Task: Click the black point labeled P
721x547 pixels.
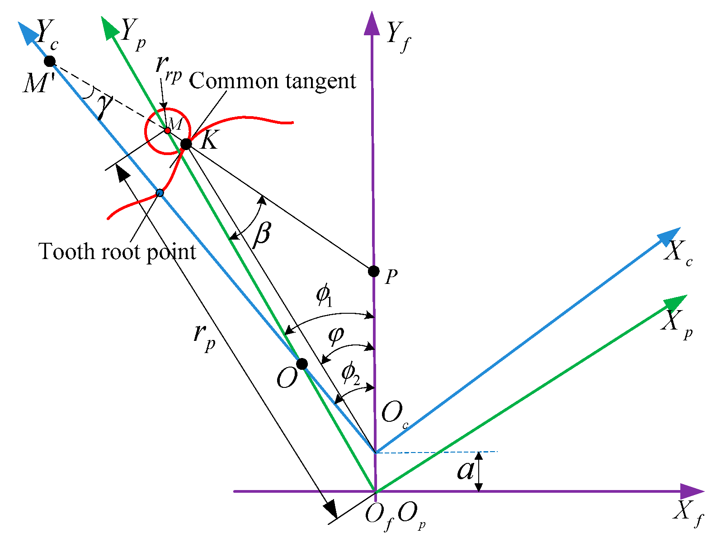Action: pyautogui.click(x=374, y=271)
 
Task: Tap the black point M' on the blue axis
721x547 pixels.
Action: pyautogui.click(x=50, y=61)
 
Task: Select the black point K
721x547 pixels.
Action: pyautogui.click(x=186, y=144)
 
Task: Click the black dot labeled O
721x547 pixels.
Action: pyautogui.click(x=302, y=363)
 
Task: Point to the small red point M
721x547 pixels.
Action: pyautogui.click(x=167, y=131)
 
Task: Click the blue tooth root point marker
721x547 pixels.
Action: pyautogui.click(x=160, y=193)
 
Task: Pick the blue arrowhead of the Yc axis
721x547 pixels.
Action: pyautogui.click(x=26, y=33)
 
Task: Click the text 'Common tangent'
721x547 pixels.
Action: pyautogui.click(x=273, y=81)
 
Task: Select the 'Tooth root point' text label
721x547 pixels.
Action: pyautogui.click(x=118, y=252)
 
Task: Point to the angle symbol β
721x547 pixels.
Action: pyautogui.click(x=262, y=234)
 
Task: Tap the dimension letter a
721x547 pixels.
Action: pyautogui.click(x=466, y=470)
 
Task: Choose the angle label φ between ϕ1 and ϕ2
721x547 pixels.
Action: pyautogui.click(x=336, y=335)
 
